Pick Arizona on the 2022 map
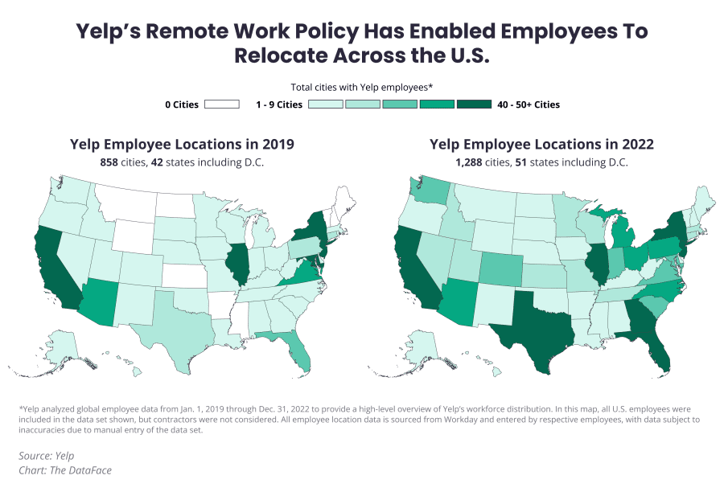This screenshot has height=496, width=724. (456, 302)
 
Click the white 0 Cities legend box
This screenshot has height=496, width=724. (222, 105)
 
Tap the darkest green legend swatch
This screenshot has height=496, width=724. (475, 105)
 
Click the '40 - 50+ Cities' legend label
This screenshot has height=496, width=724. (529, 105)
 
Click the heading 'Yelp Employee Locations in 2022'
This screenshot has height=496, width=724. (541, 145)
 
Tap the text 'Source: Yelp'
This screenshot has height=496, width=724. (47, 456)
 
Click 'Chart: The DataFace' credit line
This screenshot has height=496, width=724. (65, 470)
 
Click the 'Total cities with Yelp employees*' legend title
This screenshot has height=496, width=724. (362, 87)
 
